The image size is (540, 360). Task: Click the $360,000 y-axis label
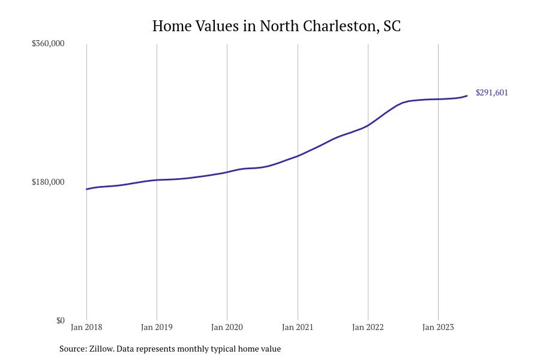pyautogui.click(x=48, y=43)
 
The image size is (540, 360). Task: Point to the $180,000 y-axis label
pyautogui.click(x=48, y=182)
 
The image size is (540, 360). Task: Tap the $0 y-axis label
pyautogui.click(x=60, y=320)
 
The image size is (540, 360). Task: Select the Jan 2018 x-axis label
pyautogui.click(x=86, y=327)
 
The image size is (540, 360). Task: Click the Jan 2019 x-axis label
pyautogui.click(x=157, y=327)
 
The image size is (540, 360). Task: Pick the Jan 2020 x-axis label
pyautogui.click(x=227, y=327)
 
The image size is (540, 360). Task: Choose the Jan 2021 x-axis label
pyautogui.click(x=298, y=327)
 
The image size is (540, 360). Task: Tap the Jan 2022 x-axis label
pyautogui.click(x=368, y=327)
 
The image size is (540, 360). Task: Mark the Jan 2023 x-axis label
pyautogui.click(x=438, y=327)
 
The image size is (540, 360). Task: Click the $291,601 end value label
pyautogui.click(x=491, y=92)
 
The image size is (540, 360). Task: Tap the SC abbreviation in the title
pyautogui.click(x=391, y=26)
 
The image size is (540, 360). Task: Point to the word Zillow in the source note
pyautogui.click(x=101, y=349)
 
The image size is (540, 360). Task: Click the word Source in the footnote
pyautogui.click(x=73, y=349)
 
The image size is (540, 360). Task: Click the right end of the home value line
pyautogui.click(x=467, y=96)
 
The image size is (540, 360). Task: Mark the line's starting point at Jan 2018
pyautogui.click(x=86, y=189)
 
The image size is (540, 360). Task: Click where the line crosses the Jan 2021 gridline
pyautogui.click(x=298, y=155)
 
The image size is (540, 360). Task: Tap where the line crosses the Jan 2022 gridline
pyautogui.click(x=368, y=125)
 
